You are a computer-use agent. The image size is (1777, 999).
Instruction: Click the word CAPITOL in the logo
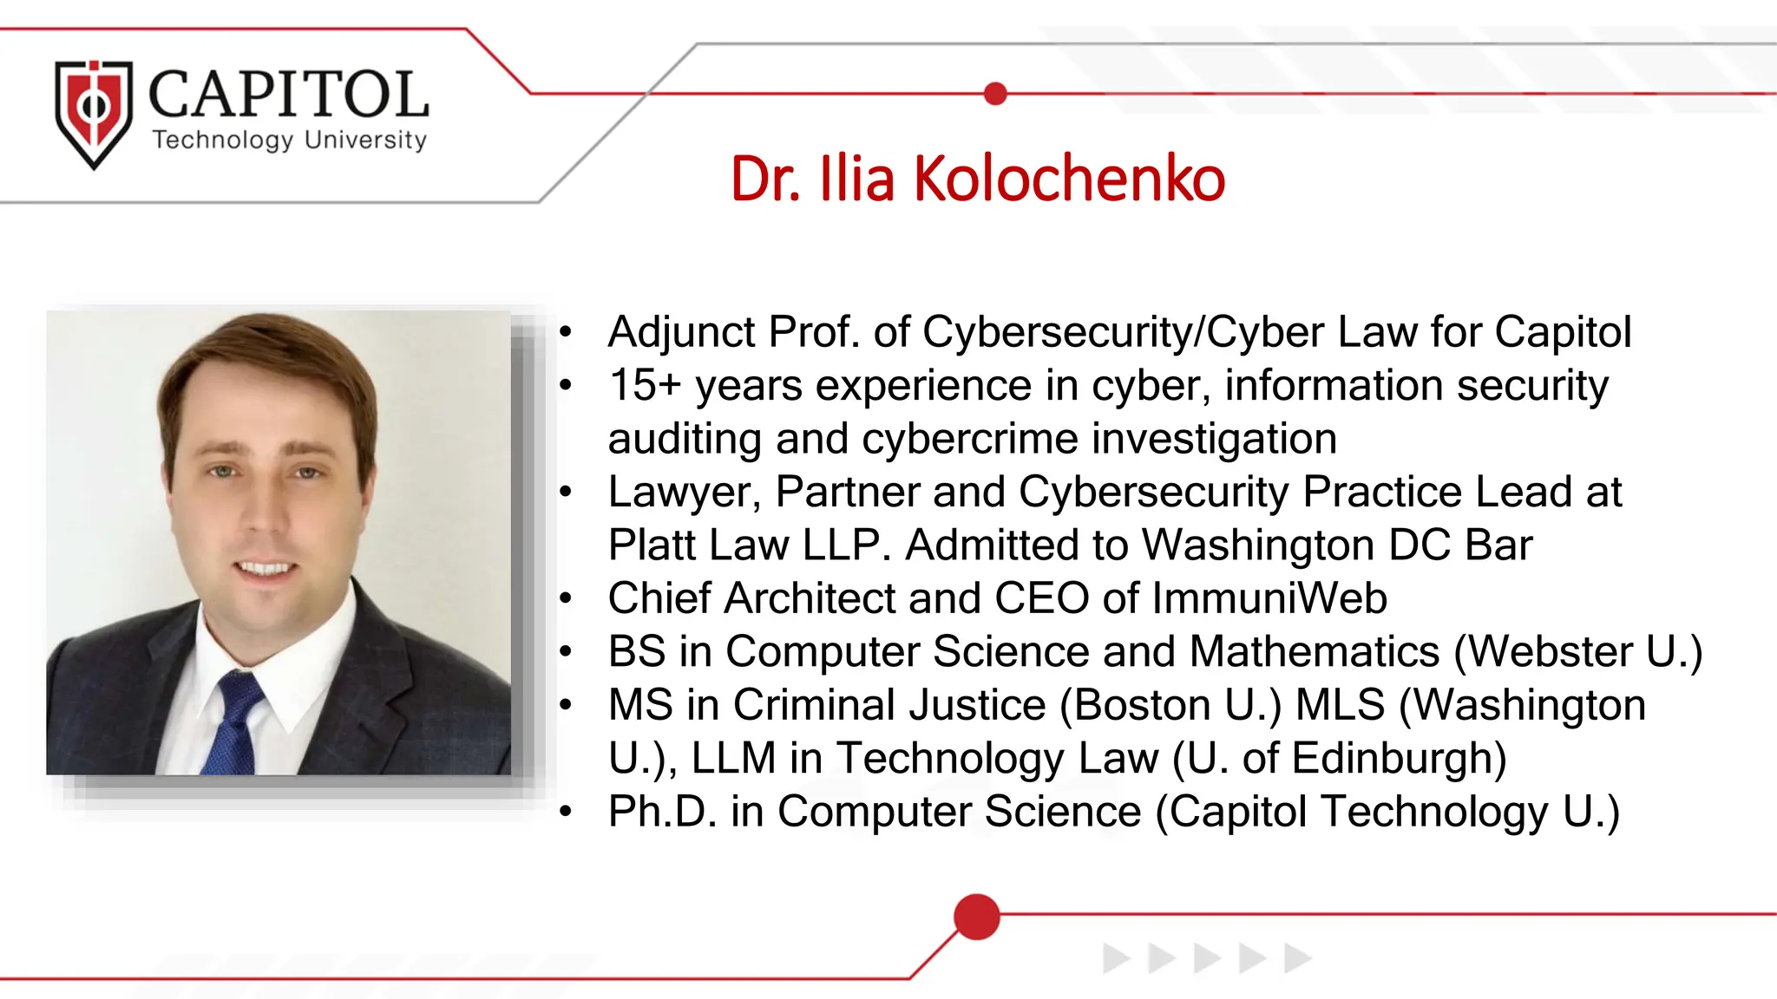coord(289,95)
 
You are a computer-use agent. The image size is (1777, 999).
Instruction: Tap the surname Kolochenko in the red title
coord(1069,180)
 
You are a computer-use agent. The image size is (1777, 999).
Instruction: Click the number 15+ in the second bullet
coord(645,385)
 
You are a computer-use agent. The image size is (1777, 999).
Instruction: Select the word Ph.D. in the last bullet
coord(662,812)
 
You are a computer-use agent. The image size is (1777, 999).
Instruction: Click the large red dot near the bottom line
coord(976,917)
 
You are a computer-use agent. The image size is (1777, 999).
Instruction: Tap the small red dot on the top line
coord(996,94)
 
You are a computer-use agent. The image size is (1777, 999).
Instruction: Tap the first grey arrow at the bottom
coord(1116,958)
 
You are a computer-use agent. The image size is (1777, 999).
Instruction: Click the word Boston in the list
coord(1143,705)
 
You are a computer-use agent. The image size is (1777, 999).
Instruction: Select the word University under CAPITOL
coord(365,140)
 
